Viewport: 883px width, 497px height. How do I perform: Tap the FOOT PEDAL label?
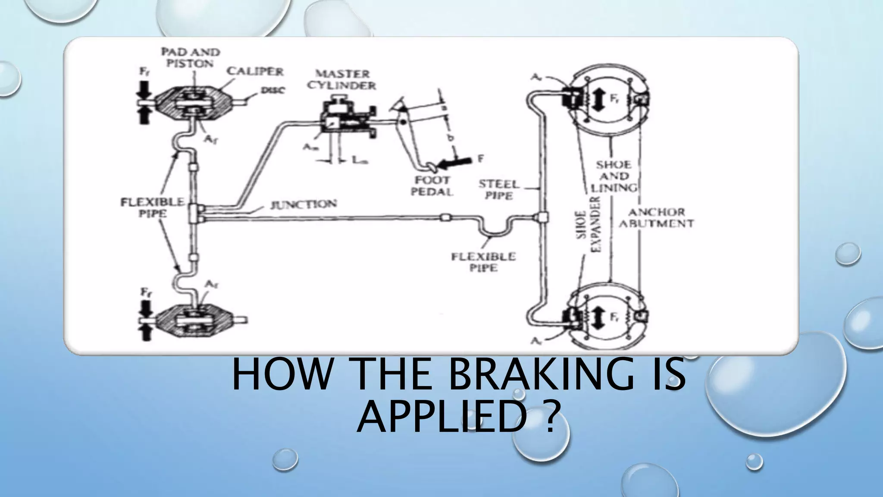click(432, 186)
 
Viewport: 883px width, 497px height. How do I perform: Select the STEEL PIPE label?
click(499, 190)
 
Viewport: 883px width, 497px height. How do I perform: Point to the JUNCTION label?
click(303, 204)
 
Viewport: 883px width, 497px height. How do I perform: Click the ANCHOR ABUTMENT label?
click(656, 218)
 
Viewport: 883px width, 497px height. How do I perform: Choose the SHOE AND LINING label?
click(614, 176)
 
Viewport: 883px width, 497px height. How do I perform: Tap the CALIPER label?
click(255, 71)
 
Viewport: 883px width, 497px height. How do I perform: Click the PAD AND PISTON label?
click(190, 57)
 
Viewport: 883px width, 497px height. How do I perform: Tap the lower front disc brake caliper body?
click(192, 320)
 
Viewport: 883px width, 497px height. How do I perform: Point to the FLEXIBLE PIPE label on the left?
click(152, 208)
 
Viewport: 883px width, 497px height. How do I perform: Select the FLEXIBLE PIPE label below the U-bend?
click(483, 262)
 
